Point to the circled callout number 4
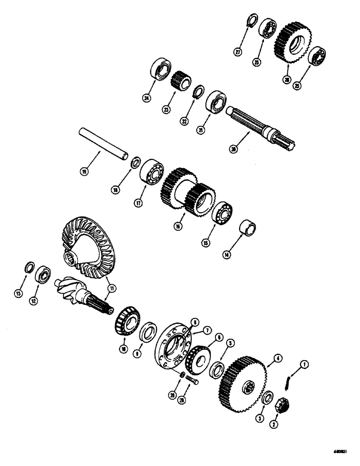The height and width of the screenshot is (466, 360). pos(278,358)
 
